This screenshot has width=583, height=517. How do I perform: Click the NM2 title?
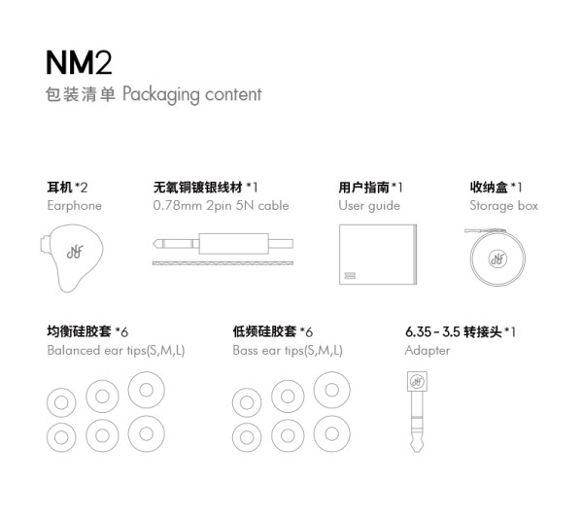pyautogui.click(x=79, y=62)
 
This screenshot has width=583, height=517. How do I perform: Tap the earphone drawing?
pyautogui.click(x=71, y=258)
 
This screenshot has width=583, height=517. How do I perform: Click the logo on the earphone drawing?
pyautogui.click(x=75, y=252)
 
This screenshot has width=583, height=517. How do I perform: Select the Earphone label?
pyautogui.click(x=75, y=206)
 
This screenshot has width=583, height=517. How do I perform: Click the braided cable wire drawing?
pyautogui.click(x=223, y=263)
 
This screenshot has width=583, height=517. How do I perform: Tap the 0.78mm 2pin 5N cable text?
pyautogui.click(x=221, y=206)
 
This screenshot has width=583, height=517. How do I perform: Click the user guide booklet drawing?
pyautogui.click(x=378, y=255)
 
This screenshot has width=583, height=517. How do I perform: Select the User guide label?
pyautogui.click(x=369, y=206)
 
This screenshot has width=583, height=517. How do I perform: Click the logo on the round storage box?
pyautogui.click(x=497, y=258)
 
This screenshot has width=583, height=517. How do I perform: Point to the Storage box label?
pyautogui.click(x=503, y=206)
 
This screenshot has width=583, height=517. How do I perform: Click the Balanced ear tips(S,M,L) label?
pyautogui.click(x=116, y=351)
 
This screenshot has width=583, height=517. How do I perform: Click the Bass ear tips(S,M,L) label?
pyautogui.click(x=288, y=351)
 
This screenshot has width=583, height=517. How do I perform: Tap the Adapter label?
pyautogui.click(x=428, y=351)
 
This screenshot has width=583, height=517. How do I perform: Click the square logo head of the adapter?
pyautogui.click(x=417, y=381)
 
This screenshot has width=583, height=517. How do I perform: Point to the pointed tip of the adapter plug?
pyautogui.click(x=417, y=452)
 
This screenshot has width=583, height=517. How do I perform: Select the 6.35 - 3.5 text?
pyautogui.click(x=432, y=331)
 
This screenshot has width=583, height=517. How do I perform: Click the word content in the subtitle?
pyautogui.click(x=233, y=94)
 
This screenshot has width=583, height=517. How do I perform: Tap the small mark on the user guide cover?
pyautogui.click(x=350, y=276)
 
